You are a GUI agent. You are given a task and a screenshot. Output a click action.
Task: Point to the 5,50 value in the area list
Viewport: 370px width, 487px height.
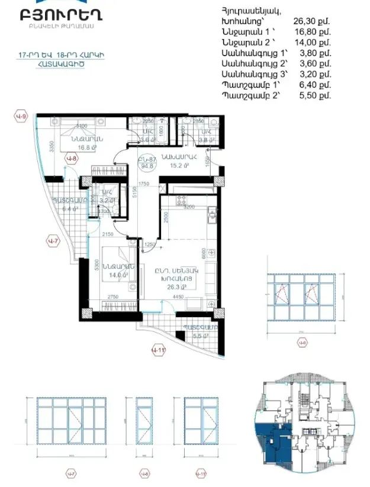pos(307,95)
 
